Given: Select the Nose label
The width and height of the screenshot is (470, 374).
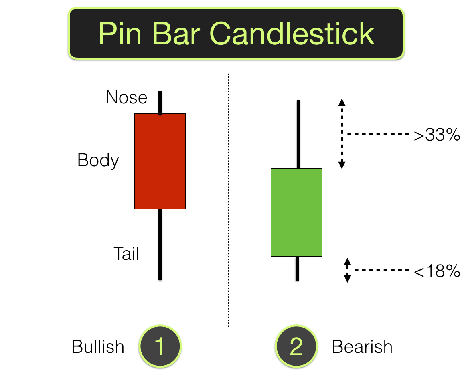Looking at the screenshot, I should pyautogui.click(x=126, y=97).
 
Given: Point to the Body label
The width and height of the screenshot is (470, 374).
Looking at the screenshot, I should pyautogui.click(x=98, y=161).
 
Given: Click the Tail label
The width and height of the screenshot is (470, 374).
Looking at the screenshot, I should pyautogui.click(x=126, y=254).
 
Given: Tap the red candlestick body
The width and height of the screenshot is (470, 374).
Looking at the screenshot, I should pyautogui.click(x=160, y=161).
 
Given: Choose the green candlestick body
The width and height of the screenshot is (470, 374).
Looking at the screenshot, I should pyautogui.click(x=297, y=212).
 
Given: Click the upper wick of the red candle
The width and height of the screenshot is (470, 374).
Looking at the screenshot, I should pyautogui.click(x=160, y=103).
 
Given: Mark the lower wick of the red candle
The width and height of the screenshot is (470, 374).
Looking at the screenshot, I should pyautogui.click(x=160, y=244).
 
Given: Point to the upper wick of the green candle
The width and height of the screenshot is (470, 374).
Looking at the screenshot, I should pyautogui.click(x=298, y=134).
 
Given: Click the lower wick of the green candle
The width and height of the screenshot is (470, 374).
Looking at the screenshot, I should pyautogui.click(x=297, y=268).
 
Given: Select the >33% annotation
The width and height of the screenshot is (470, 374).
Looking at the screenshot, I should pyautogui.click(x=437, y=136).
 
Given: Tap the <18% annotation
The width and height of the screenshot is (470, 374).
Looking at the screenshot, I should pyautogui.click(x=437, y=272).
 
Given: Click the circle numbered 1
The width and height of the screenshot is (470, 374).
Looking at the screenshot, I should pyautogui.click(x=160, y=346).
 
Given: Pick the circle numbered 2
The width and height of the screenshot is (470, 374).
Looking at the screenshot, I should pyautogui.click(x=296, y=346).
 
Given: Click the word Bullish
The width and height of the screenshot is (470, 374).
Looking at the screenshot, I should pyautogui.click(x=98, y=347).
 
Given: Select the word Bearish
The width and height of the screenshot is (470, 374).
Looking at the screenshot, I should pyautogui.click(x=362, y=347).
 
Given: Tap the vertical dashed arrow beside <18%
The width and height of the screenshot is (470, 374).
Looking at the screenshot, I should pyautogui.click(x=348, y=270).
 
